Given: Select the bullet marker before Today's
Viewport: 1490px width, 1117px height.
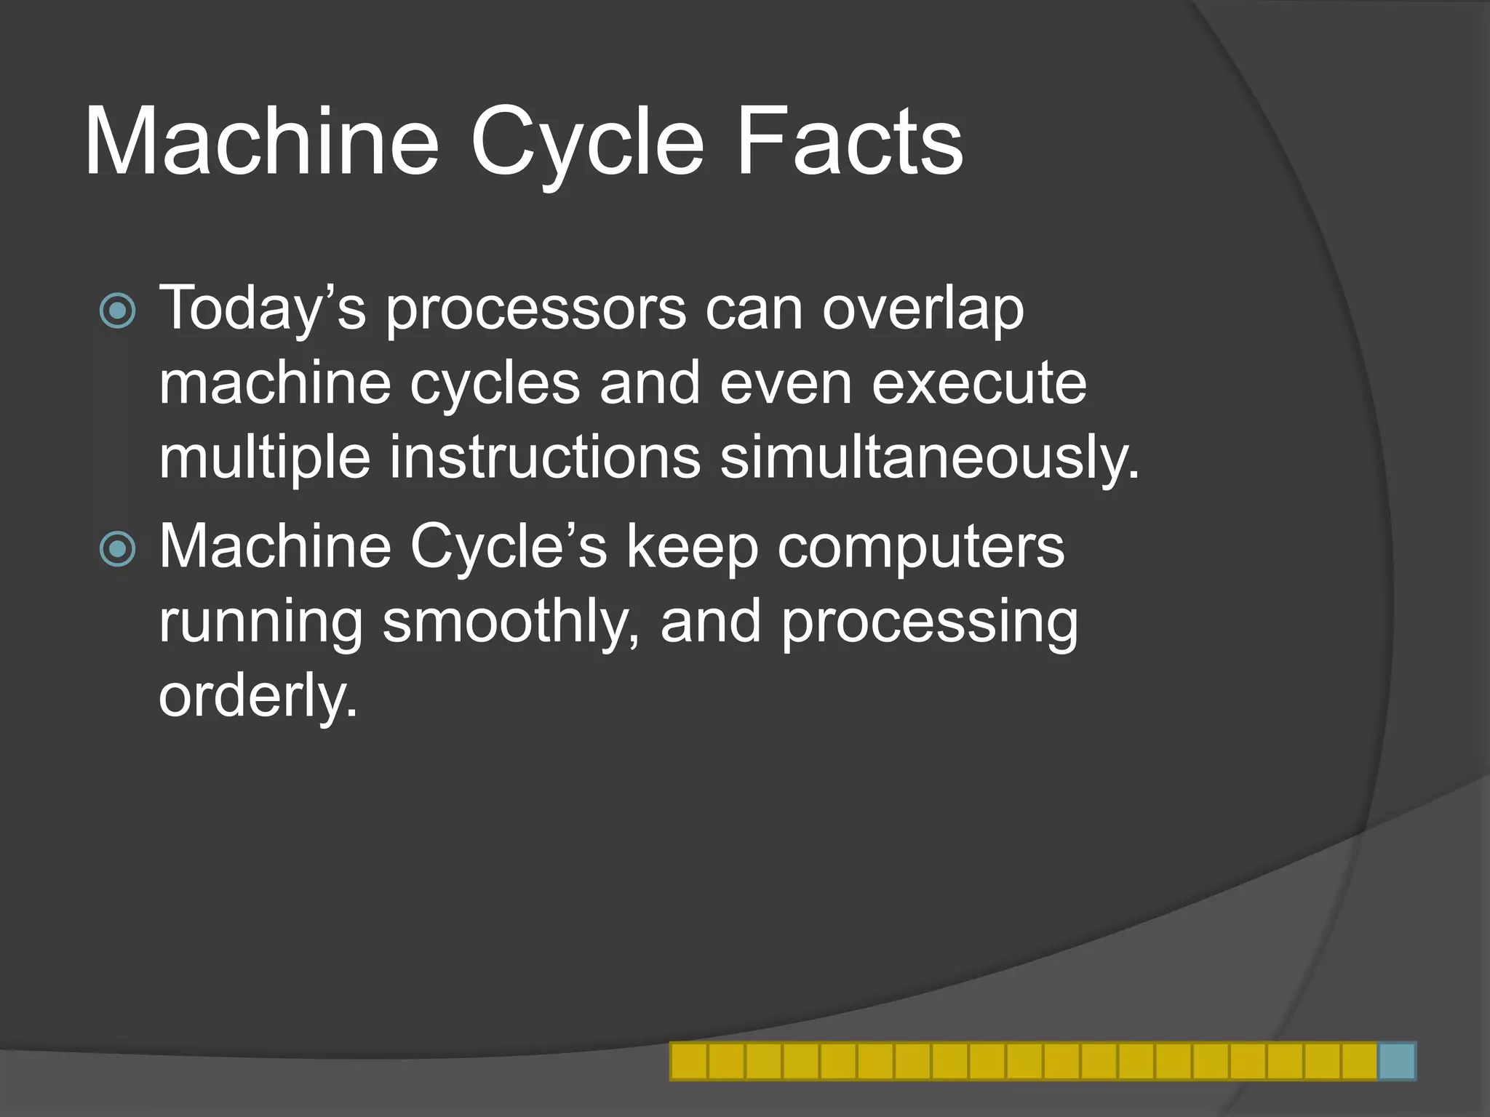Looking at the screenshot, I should [x=117, y=311].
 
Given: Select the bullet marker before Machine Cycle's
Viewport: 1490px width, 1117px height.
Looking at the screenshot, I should [x=117, y=549].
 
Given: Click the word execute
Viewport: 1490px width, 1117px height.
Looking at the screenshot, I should [x=979, y=383].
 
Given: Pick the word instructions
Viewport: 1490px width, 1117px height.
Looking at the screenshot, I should [x=545, y=457].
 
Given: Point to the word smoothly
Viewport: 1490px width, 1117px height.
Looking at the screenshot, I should [x=511, y=623].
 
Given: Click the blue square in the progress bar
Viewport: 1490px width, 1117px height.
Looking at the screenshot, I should [x=1397, y=1061].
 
